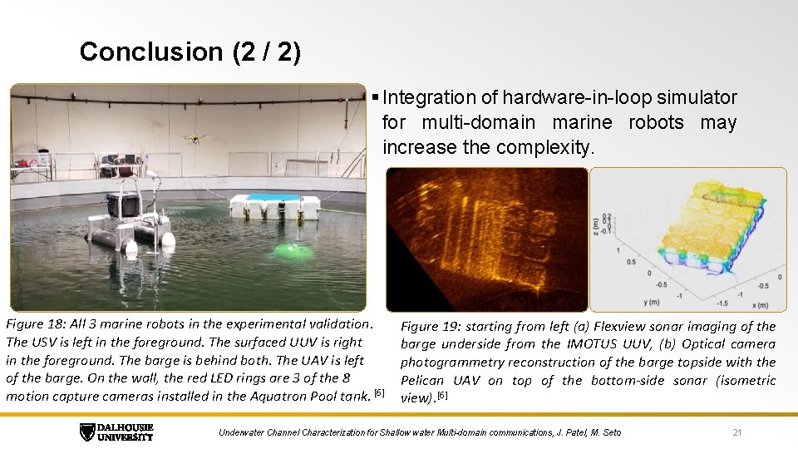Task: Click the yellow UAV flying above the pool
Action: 194,139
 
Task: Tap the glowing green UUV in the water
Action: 291,250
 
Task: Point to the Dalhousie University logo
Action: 116,432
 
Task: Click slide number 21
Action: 736,432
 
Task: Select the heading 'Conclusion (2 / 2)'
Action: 190,52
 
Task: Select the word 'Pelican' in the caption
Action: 424,381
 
